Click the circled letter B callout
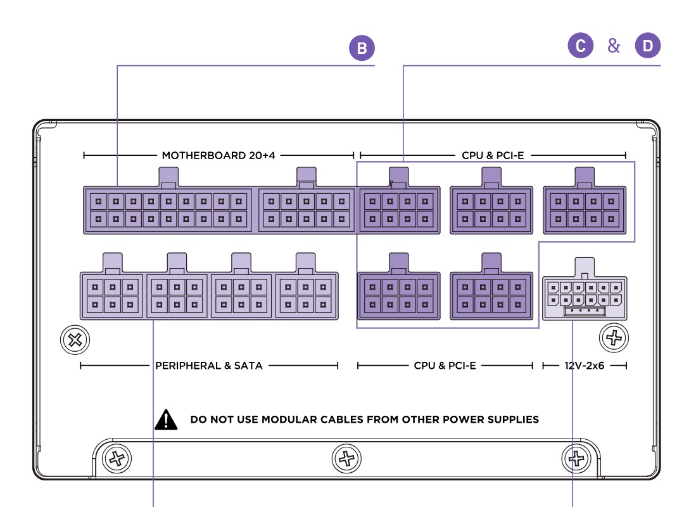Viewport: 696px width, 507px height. (362, 49)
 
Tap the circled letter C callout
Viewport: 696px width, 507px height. (580, 46)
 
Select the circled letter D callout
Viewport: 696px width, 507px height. (647, 46)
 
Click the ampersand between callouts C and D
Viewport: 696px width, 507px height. (614, 46)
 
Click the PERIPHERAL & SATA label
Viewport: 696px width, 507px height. (208, 365)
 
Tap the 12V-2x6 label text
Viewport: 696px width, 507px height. (585, 365)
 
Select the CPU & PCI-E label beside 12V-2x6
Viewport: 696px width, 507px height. (445, 365)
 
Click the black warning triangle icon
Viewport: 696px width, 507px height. (166, 419)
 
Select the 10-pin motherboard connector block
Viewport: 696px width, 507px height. (307, 210)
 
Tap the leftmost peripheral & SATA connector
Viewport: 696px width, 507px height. (113, 295)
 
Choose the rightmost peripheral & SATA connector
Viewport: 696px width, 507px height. (306, 295)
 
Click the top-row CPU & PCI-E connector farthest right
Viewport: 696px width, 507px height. (585, 210)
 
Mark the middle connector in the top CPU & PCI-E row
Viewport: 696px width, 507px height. (491, 210)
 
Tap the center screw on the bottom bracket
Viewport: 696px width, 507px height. (346, 457)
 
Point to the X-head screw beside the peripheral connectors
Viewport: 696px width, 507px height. (75, 340)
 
